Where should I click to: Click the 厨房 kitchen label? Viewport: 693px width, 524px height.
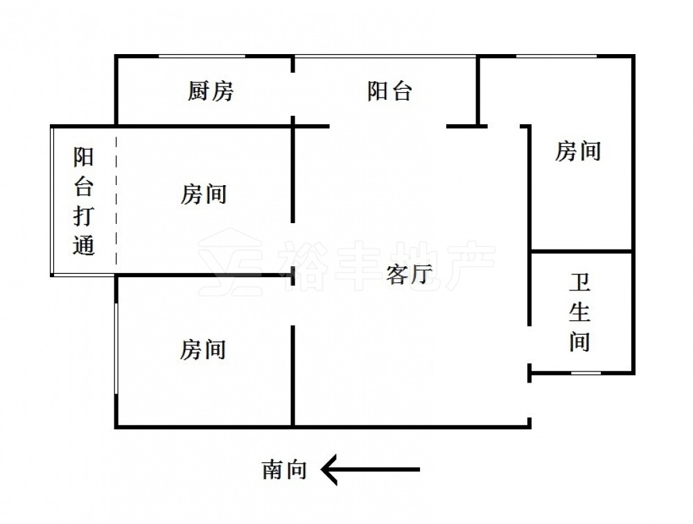[x=211, y=91]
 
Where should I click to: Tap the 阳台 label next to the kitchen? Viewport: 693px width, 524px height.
[x=389, y=91]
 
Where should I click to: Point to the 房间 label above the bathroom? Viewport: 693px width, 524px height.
[x=578, y=150]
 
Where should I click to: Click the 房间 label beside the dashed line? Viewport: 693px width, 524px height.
[x=204, y=194]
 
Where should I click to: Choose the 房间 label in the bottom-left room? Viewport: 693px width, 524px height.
[x=204, y=349]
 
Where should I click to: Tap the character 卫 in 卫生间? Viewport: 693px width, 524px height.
[x=580, y=284]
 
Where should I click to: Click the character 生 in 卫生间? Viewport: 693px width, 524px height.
[x=580, y=313]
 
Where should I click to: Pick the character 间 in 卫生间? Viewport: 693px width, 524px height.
[x=580, y=342]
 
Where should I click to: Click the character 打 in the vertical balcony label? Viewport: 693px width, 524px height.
[x=85, y=216]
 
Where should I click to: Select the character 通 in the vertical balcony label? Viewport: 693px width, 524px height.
[x=85, y=245]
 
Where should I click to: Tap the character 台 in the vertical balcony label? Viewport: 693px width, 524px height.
[x=85, y=186]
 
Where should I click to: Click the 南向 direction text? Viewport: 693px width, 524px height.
[x=284, y=471]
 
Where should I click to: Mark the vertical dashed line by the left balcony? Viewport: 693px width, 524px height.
[x=116, y=201]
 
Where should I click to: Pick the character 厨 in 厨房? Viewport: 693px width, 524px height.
[x=199, y=91]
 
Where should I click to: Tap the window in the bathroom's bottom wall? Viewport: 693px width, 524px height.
[x=586, y=374]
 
